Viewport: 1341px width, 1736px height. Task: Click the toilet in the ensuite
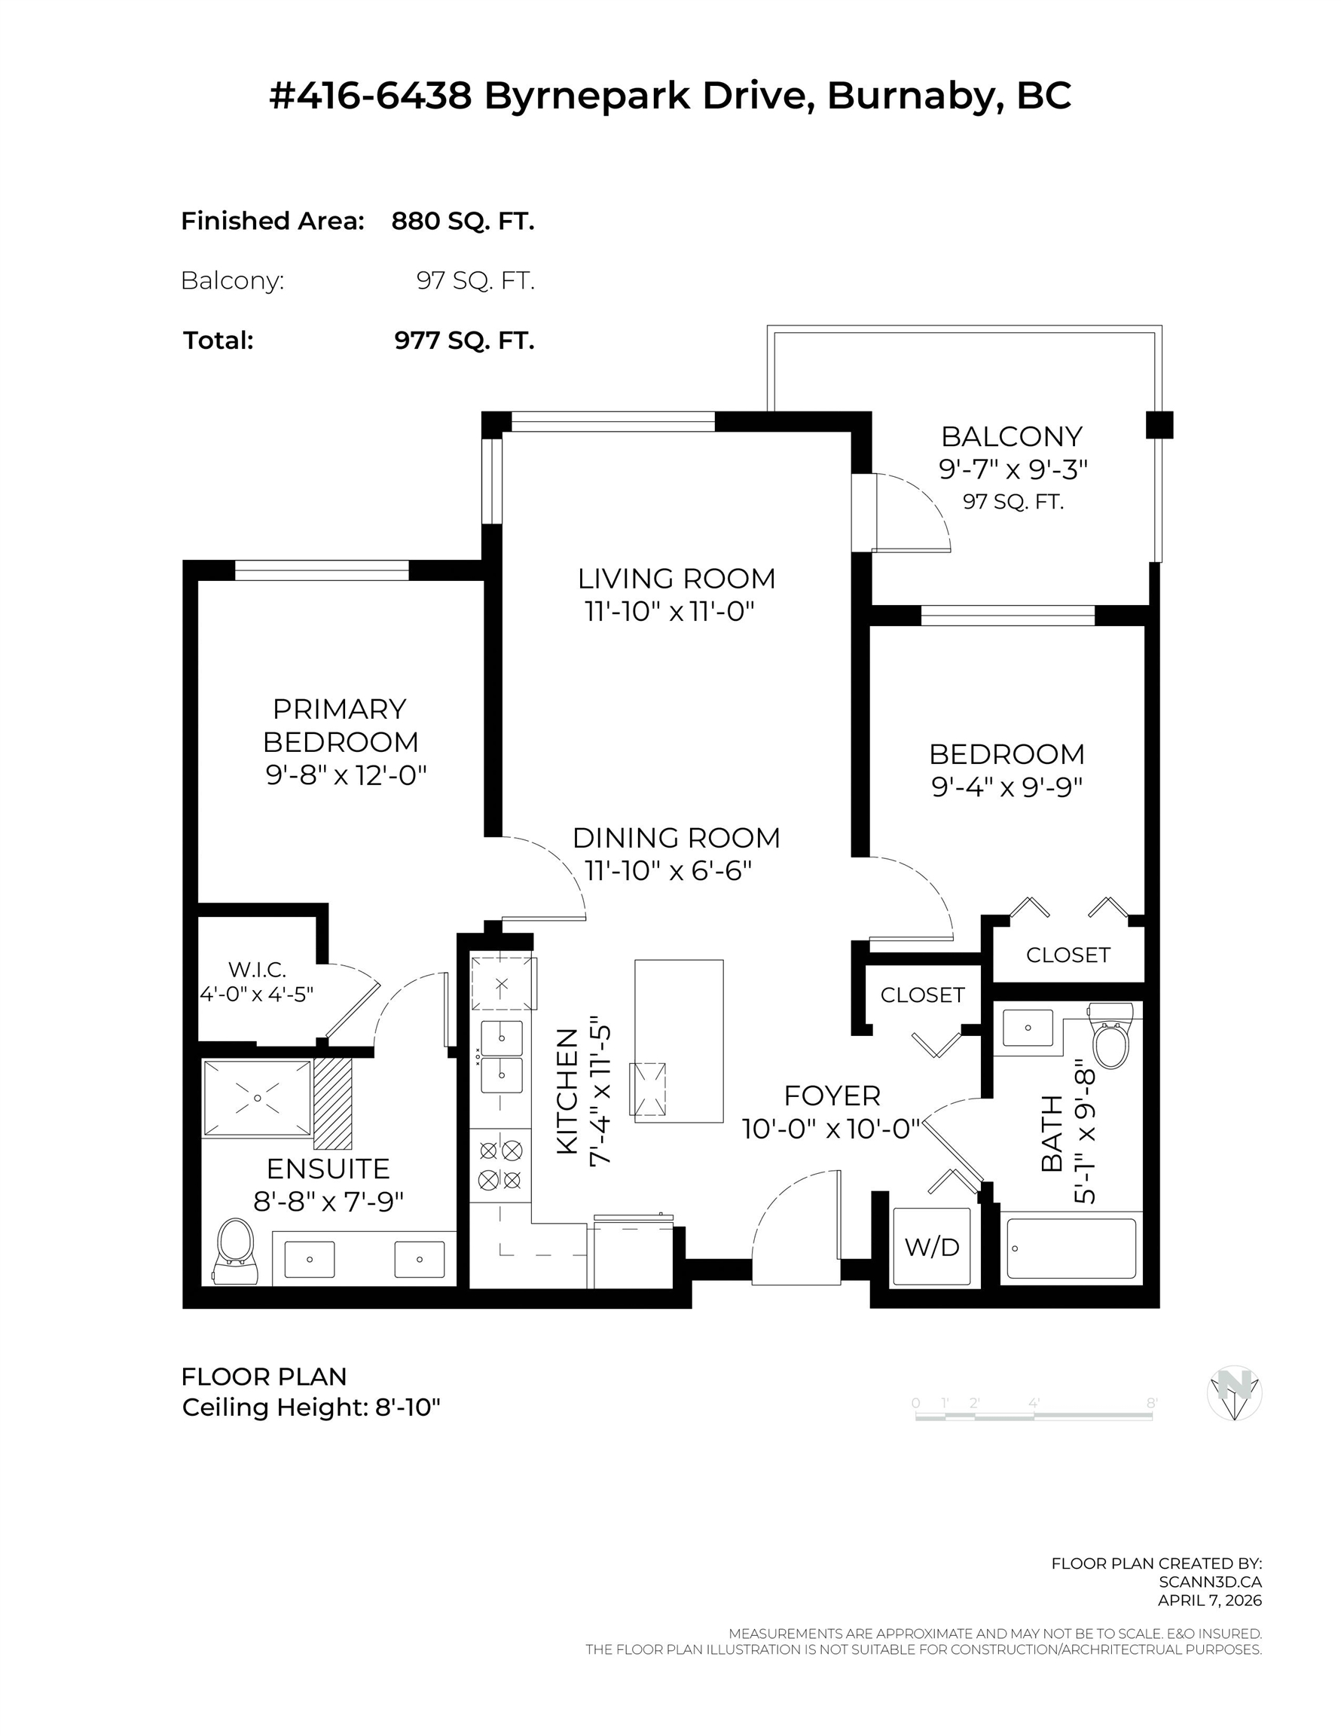click(x=235, y=1253)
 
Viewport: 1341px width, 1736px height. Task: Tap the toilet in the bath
click(x=1110, y=1036)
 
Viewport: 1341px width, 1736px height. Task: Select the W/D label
click(x=932, y=1247)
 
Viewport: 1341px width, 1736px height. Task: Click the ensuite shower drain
click(x=258, y=1099)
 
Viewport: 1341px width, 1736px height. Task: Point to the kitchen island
click(x=679, y=1041)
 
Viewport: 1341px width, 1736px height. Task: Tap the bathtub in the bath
click(x=1071, y=1249)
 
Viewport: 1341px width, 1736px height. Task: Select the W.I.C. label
click(x=257, y=970)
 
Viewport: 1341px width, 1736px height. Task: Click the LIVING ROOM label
click(x=677, y=579)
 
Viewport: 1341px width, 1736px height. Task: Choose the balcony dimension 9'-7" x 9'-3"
click(x=1013, y=469)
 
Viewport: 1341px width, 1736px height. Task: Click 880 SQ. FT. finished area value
click(x=463, y=221)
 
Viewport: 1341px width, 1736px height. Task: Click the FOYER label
click(x=832, y=1096)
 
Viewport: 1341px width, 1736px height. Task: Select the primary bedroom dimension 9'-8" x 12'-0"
click(x=346, y=775)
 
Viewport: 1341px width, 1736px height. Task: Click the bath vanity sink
click(x=1028, y=1028)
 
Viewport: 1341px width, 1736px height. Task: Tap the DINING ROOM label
click(x=677, y=838)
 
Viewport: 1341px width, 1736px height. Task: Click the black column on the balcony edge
click(x=1159, y=425)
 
